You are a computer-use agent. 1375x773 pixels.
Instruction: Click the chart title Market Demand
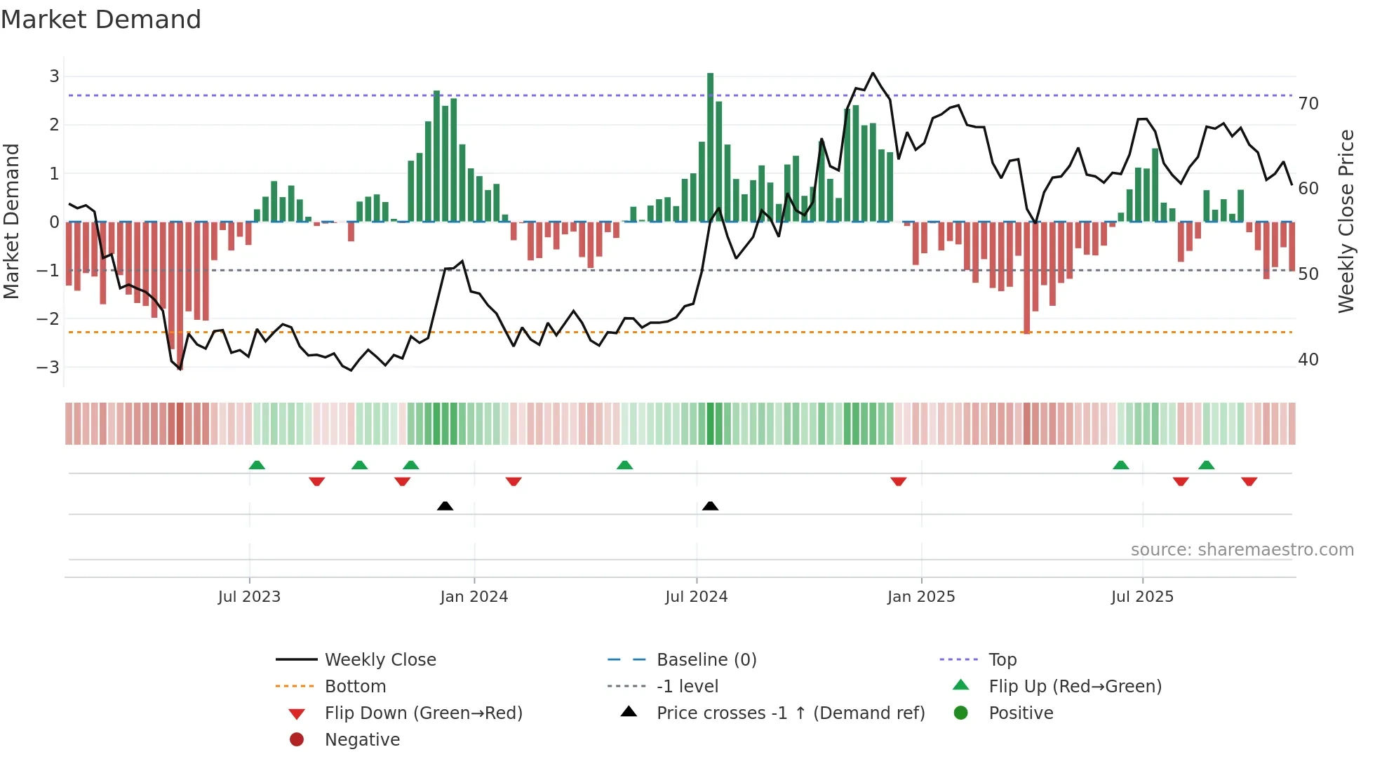[101, 20]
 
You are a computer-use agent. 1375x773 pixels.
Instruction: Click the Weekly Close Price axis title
[1346, 221]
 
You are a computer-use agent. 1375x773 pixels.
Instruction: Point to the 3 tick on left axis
[54, 76]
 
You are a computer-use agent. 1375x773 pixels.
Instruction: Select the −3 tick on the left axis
[48, 367]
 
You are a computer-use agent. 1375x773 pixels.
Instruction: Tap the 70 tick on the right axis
[1308, 104]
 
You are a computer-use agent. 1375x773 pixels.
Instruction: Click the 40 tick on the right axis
[1308, 360]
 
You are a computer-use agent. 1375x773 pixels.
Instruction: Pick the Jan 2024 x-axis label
[474, 597]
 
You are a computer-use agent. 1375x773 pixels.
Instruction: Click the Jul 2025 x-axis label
[1142, 597]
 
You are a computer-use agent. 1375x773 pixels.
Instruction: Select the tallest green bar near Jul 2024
[710, 147]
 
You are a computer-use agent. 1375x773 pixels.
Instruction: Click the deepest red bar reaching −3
[180, 295]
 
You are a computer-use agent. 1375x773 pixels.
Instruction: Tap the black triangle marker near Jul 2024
[710, 506]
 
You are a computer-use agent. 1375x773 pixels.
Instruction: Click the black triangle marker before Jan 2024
[445, 506]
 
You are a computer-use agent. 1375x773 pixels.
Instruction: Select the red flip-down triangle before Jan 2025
[898, 481]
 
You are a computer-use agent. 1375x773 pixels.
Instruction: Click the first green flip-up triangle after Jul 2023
[257, 465]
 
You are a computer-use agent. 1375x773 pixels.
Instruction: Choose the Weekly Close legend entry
[380, 659]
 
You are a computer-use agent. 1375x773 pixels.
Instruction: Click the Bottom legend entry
[355, 686]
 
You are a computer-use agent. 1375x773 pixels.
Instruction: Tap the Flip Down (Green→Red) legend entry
[423, 713]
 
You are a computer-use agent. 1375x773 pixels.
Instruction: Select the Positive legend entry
[1021, 713]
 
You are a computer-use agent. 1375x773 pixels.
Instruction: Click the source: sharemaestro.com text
[1242, 550]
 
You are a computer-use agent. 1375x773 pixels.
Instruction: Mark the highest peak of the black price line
[873, 73]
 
